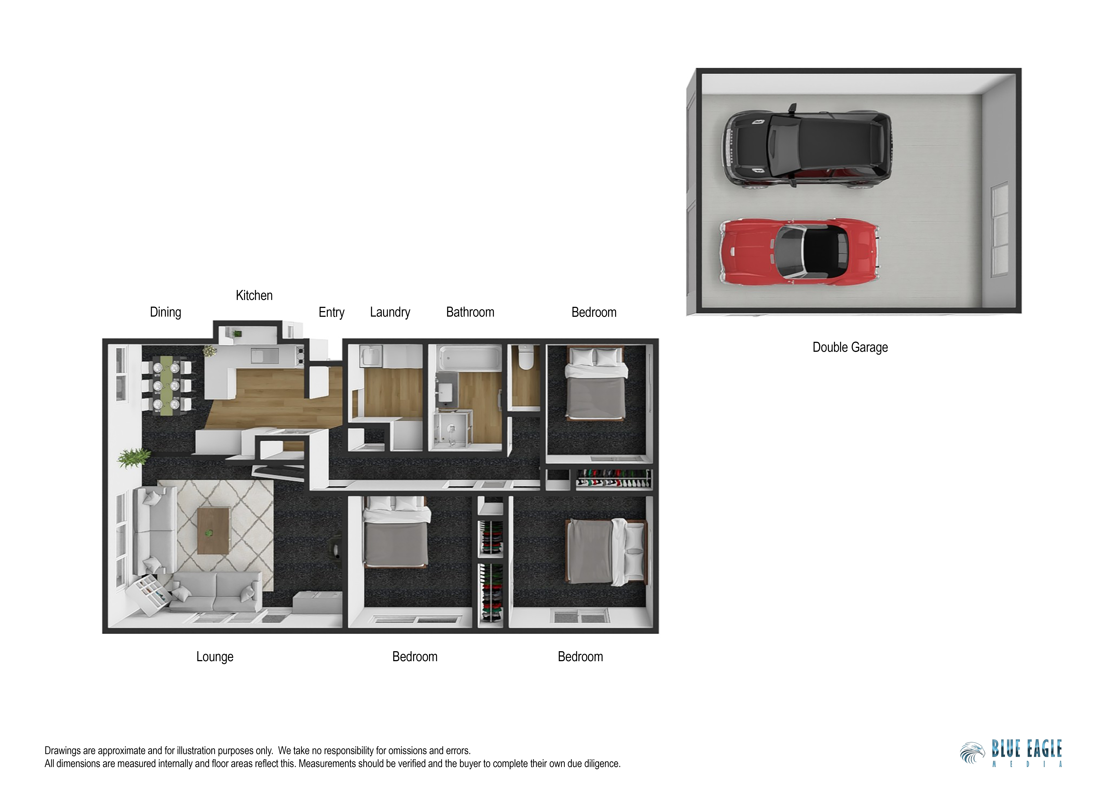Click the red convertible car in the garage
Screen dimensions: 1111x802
[799, 252]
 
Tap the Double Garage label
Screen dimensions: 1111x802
[850, 347]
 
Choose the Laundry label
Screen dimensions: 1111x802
[390, 312]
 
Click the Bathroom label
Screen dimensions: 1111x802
[470, 312]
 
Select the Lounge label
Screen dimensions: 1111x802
[215, 657]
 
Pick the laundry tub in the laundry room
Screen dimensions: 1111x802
[371, 356]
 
